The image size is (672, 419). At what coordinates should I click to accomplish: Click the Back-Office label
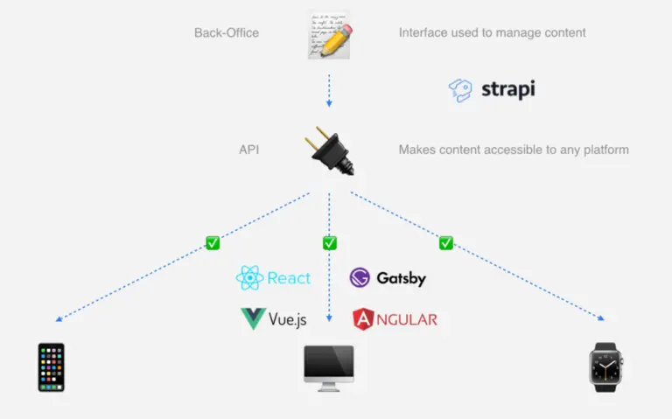(227, 33)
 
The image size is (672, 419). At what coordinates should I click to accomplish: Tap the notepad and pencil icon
(329, 35)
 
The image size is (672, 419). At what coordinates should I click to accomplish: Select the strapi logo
(492, 89)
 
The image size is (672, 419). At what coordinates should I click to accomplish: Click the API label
(248, 150)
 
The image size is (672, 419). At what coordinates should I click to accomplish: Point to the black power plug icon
(329, 150)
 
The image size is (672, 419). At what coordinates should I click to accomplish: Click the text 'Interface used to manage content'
(492, 33)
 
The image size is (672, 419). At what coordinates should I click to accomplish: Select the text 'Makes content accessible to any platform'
(514, 150)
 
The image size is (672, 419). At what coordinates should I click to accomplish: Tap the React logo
(273, 278)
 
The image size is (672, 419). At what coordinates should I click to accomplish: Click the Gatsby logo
(388, 278)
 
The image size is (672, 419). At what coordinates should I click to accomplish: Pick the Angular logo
(394, 319)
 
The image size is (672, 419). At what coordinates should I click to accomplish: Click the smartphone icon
(51, 367)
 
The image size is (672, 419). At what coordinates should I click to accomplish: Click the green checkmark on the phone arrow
(212, 243)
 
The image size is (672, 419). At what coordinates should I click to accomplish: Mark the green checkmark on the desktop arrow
(329, 243)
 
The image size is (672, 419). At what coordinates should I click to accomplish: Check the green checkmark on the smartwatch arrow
(446, 243)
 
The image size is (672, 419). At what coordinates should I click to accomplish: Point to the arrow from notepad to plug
(329, 90)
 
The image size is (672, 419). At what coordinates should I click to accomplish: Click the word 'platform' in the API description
(605, 150)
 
